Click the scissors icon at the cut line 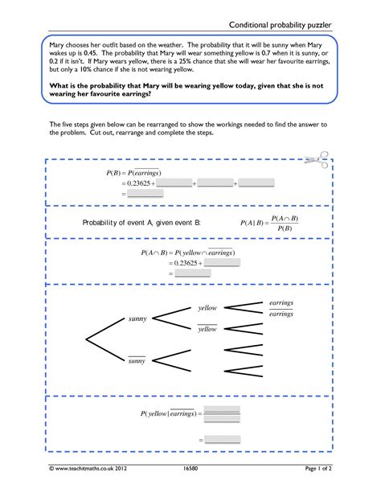pyautogui.click(x=317, y=160)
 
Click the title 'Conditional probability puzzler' pyautogui.click(x=280, y=25)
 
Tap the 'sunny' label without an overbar pyautogui.click(x=137, y=318)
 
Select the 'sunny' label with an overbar pyautogui.click(x=137, y=360)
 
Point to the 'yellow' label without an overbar pyautogui.click(x=207, y=308)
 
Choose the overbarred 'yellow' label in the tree pyautogui.click(x=207, y=329)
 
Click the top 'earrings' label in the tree pyautogui.click(x=281, y=302)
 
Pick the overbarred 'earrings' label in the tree pyautogui.click(x=281, y=314)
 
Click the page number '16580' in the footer pyautogui.click(x=190, y=468)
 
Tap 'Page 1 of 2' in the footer pyautogui.click(x=318, y=468)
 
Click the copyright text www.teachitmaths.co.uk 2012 pyautogui.click(x=88, y=468)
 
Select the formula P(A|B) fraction pyautogui.click(x=269, y=224)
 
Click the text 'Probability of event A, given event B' pyautogui.click(x=141, y=223)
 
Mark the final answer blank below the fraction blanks pyautogui.click(x=223, y=440)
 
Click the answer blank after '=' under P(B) pyautogui.click(x=145, y=193)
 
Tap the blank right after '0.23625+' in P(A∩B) pyautogui.click(x=222, y=262)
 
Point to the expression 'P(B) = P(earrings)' pyautogui.click(x=133, y=173)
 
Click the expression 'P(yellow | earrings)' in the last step pyautogui.click(x=169, y=413)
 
